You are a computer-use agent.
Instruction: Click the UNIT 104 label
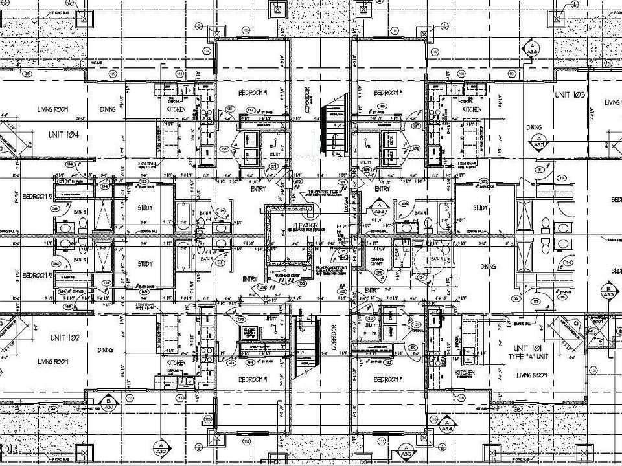(x=63, y=135)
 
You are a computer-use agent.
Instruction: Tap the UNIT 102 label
(x=63, y=338)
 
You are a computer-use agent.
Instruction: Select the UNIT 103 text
(x=570, y=95)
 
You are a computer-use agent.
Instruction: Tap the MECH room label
(x=343, y=257)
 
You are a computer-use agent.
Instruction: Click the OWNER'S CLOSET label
(x=378, y=261)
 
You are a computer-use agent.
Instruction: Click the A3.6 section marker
(x=533, y=49)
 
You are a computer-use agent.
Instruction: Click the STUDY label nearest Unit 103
(x=480, y=208)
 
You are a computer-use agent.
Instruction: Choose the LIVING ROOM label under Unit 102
(x=53, y=361)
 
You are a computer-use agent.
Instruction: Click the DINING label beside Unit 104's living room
(x=108, y=109)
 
